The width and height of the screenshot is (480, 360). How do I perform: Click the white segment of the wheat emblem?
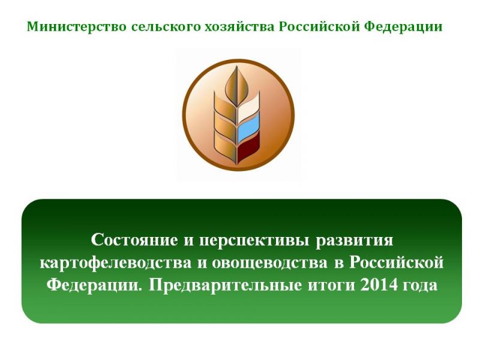coord(248,108)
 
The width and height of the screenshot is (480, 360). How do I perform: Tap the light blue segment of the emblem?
coord(248,128)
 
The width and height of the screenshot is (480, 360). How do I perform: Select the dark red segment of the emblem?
coord(248,148)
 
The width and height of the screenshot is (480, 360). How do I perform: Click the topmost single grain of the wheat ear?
coord(236,84)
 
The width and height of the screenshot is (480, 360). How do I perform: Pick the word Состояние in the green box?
coord(134,240)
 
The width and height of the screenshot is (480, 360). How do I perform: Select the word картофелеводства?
coord(116,263)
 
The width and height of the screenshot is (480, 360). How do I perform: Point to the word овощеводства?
coord(269,263)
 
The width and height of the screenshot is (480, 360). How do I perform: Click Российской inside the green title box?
coord(397,263)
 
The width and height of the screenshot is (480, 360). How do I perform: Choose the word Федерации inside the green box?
coord(95,286)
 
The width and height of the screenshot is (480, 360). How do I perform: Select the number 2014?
coord(380,286)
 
